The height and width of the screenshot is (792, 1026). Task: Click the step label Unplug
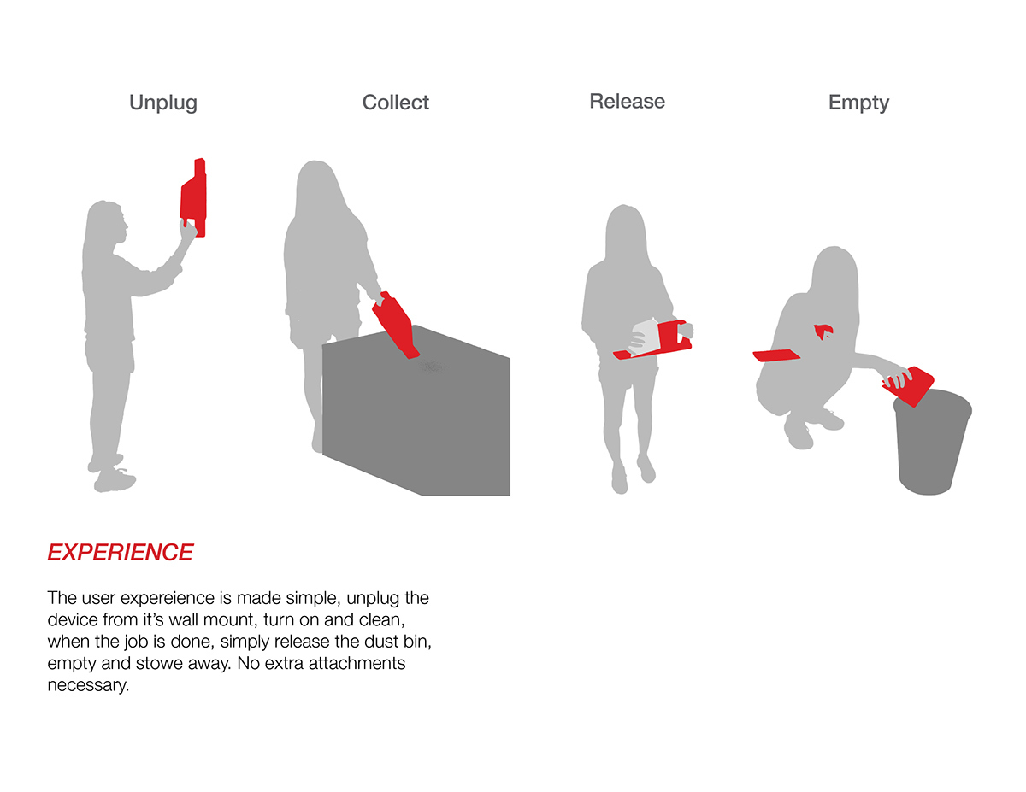tap(163, 103)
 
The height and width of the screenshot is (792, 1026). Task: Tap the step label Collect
tap(395, 103)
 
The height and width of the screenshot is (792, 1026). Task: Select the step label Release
tap(627, 102)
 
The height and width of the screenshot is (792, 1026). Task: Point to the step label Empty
tap(858, 103)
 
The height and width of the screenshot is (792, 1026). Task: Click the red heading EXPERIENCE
tap(121, 553)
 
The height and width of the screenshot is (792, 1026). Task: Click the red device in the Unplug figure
tap(194, 197)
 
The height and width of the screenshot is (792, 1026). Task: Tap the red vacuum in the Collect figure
tap(396, 325)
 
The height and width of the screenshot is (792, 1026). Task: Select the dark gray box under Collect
tap(416, 410)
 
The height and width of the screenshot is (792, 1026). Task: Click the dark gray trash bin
tap(932, 441)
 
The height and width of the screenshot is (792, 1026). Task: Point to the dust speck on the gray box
tap(433, 366)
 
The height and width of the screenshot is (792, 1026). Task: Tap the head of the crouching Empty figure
tap(834, 270)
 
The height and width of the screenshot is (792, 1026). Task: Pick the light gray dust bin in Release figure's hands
tap(645, 337)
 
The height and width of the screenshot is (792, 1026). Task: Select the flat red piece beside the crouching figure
tap(776, 355)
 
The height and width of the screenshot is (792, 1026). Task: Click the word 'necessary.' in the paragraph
tap(88, 685)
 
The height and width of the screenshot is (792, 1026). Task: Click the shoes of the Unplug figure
tap(112, 473)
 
